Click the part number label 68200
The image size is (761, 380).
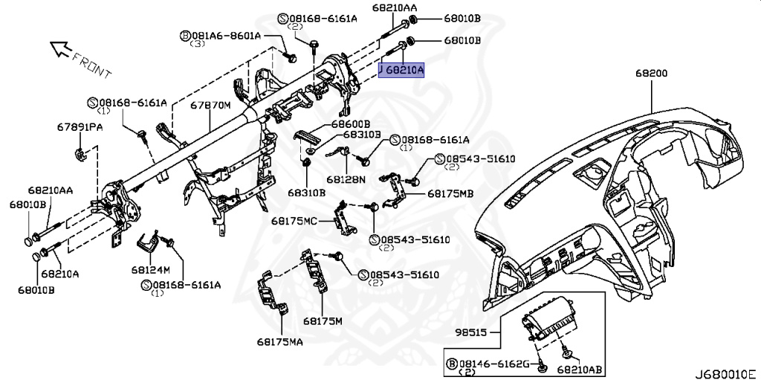coord(651,74)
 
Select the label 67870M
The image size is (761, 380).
coord(210,106)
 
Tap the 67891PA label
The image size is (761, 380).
coord(80,127)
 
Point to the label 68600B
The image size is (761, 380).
coord(351,123)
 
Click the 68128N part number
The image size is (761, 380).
coord(346,179)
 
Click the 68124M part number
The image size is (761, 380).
coord(151,268)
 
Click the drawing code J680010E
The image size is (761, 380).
coord(725,372)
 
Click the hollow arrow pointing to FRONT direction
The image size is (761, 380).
coord(60,50)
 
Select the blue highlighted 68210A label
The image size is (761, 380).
coord(401,70)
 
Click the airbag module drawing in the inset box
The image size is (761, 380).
coord(549,324)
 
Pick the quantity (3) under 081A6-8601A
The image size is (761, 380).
coord(197,45)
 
